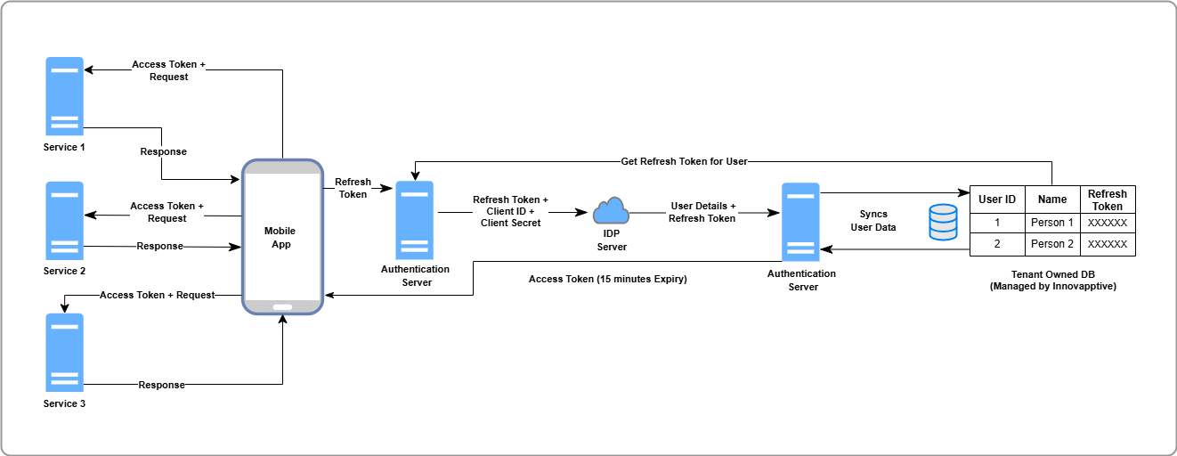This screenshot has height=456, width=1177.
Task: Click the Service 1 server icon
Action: coord(64,95)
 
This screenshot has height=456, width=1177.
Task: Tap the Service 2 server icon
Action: coord(64,220)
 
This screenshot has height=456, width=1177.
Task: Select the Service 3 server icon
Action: coord(64,352)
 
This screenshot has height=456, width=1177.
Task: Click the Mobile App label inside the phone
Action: coord(280,237)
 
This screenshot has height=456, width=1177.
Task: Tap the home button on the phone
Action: coord(282,307)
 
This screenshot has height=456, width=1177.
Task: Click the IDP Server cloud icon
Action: coord(611,211)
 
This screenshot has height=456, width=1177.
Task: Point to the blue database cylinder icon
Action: coord(942,222)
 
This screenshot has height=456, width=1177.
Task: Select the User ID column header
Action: coord(997,199)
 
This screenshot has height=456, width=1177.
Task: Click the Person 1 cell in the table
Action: coord(1052,223)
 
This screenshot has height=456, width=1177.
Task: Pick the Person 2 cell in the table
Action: coord(1052,244)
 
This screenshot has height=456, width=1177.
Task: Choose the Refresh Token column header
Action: coord(1108,199)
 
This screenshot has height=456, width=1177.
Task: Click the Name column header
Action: coord(1052,199)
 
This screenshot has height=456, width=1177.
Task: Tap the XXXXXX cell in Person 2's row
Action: coord(1108,244)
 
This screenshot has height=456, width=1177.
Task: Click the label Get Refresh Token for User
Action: coord(684,161)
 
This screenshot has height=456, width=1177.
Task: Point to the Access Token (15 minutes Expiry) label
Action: coord(608,279)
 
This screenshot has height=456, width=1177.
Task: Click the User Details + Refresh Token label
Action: coord(702,212)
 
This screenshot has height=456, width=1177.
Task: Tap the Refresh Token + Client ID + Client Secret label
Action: coord(510,212)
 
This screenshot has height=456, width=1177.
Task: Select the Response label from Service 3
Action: coord(161,385)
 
